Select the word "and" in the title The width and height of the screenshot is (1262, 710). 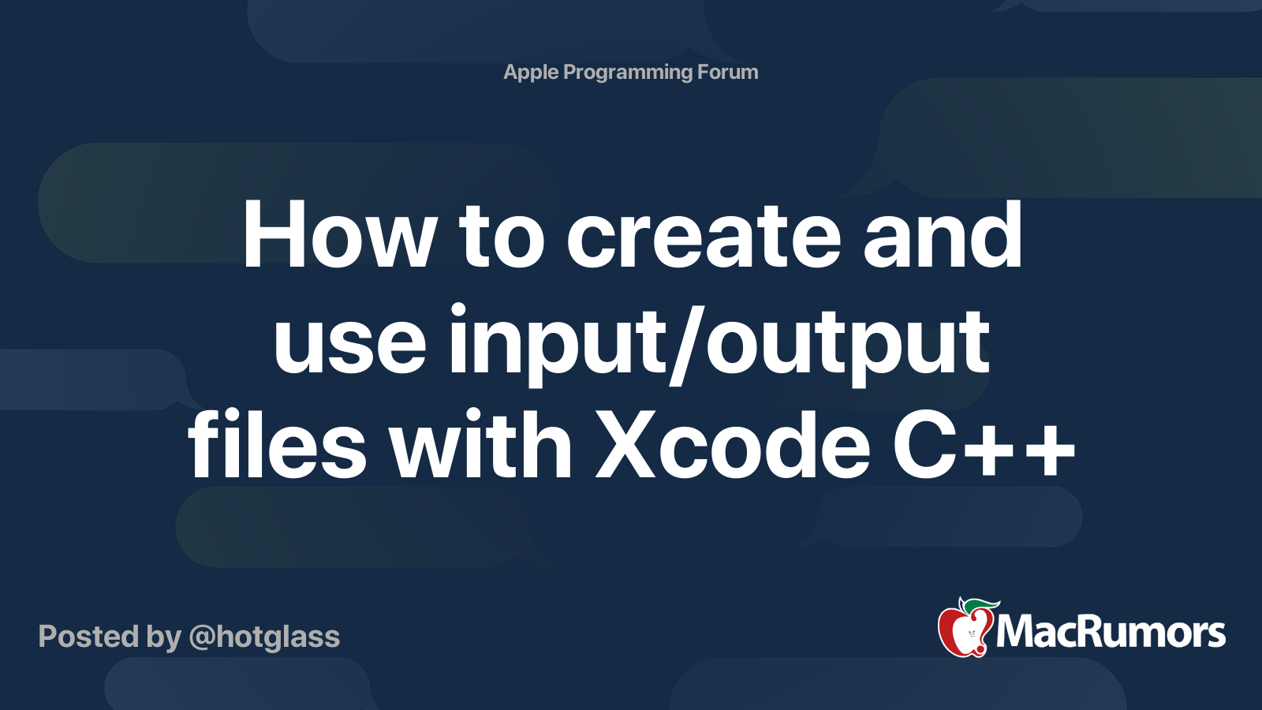coord(943,234)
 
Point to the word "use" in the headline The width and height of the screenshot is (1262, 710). coord(349,345)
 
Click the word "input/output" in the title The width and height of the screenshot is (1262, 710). coord(719,345)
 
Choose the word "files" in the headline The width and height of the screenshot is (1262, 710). coord(277,443)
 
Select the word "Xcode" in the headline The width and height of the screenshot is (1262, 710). coord(733,443)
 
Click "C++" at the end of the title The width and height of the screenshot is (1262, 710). coord(984,445)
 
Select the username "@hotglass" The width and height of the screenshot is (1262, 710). coord(264,637)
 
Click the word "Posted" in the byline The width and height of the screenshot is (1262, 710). coord(88,637)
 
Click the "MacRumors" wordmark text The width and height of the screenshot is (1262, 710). coord(1111,633)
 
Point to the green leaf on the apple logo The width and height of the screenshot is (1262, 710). coord(981,605)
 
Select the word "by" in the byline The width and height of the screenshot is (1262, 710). coord(164,638)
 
